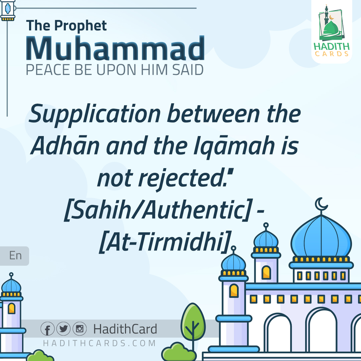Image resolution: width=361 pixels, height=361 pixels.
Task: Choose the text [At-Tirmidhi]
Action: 165,242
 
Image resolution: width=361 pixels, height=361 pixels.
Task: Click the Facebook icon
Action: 47,329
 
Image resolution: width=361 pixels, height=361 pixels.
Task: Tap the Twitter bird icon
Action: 64,329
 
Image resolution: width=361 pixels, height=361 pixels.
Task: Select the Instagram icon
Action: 80,329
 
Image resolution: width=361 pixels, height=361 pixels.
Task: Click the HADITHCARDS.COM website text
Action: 100,343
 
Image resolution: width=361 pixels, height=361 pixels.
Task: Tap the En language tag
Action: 15,256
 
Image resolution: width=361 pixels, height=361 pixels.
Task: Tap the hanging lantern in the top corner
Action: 8,10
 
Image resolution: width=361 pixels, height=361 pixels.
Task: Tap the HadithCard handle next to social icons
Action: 125,329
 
